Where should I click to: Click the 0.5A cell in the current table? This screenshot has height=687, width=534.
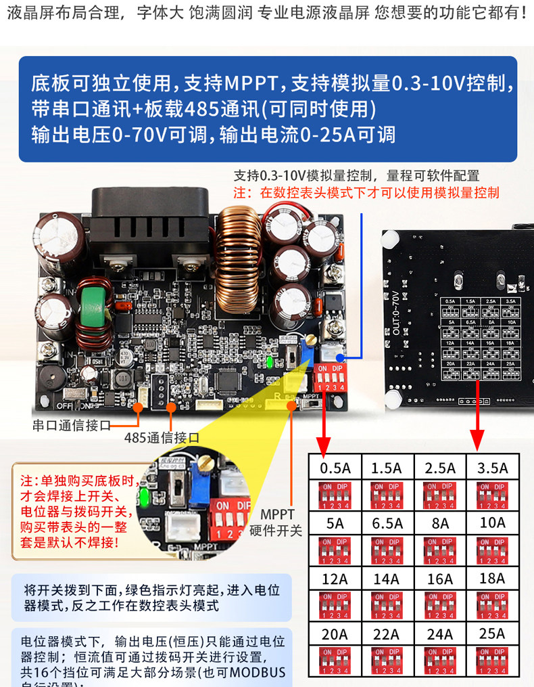click(335, 468)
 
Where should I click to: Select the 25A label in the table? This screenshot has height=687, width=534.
click(492, 634)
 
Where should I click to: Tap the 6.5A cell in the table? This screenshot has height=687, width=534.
click(387, 523)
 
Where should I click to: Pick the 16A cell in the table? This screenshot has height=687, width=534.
click(440, 579)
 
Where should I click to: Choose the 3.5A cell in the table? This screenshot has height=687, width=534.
click(492, 468)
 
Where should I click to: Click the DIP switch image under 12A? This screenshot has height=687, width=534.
click(335, 604)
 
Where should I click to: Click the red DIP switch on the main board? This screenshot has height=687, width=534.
click(332, 378)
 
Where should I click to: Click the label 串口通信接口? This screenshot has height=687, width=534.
click(71, 426)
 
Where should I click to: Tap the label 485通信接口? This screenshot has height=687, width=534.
click(162, 437)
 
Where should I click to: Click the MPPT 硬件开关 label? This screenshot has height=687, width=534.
click(276, 523)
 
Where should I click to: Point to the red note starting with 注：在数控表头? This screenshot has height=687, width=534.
click(366, 193)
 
